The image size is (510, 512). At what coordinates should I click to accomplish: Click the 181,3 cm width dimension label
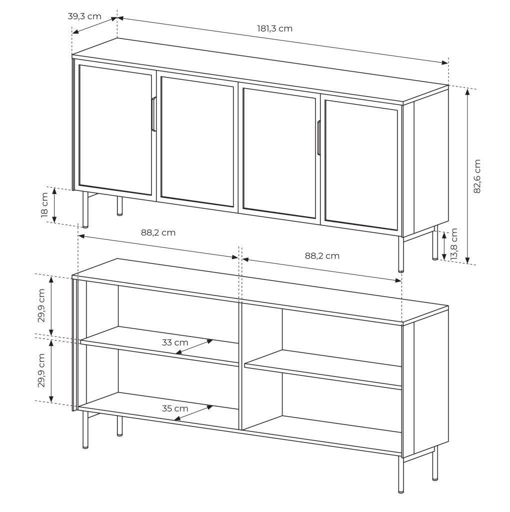[274, 28]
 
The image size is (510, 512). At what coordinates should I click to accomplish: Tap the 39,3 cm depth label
[84, 16]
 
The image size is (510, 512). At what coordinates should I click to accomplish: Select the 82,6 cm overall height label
[477, 176]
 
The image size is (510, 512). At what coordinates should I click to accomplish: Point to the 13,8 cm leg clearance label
[454, 244]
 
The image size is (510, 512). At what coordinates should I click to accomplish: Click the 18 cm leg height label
[44, 204]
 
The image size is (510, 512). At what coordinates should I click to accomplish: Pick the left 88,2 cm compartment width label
[158, 232]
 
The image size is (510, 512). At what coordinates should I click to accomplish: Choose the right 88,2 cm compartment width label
[322, 256]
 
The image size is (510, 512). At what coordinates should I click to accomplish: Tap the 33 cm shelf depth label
[175, 342]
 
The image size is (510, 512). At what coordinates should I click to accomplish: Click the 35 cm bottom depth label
[175, 408]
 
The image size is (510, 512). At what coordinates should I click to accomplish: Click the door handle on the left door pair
[154, 114]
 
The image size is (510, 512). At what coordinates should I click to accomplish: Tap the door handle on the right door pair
[318, 137]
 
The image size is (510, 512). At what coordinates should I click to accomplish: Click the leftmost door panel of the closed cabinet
[115, 130]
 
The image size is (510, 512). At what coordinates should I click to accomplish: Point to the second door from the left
[197, 141]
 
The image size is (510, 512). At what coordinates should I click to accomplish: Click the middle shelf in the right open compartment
[323, 369]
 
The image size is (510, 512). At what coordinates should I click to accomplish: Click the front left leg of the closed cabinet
[85, 209]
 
